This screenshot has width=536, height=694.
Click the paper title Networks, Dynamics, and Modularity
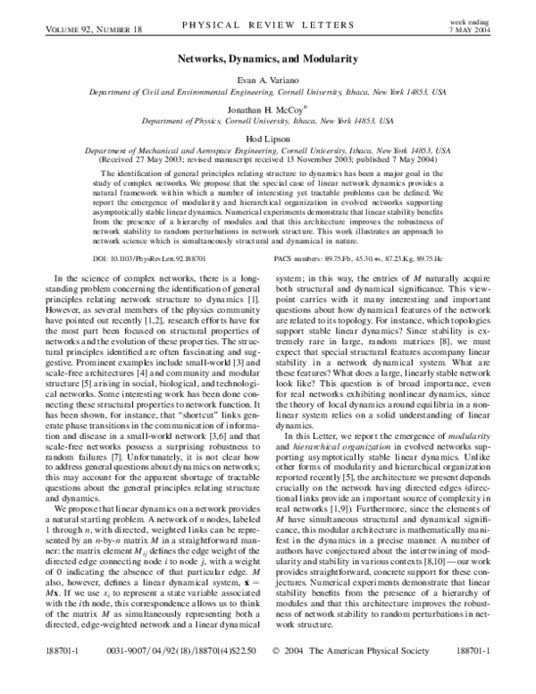(x=269, y=58)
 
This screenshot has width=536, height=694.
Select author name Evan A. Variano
(x=269, y=80)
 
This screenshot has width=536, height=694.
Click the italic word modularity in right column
(x=473, y=483)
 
